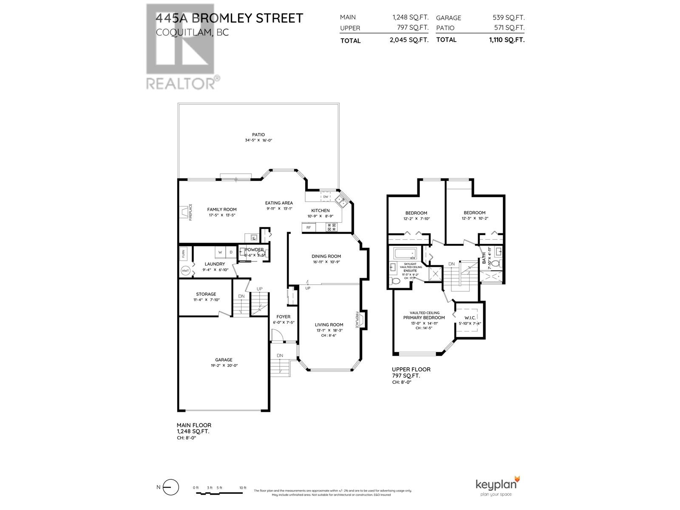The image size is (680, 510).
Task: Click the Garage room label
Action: [224, 360]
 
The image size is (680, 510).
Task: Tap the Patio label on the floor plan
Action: [258, 135]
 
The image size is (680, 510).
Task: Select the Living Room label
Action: [329, 325]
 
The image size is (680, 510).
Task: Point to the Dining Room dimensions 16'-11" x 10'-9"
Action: [326, 262]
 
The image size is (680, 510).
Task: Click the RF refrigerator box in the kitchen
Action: [309, 228]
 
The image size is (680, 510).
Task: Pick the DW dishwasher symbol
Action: [326, 197]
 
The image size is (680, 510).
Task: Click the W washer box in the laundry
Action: [220, 252]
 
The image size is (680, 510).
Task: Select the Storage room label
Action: [206, 294]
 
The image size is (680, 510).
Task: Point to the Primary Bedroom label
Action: [424, 317]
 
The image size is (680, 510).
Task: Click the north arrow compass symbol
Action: [169, 487]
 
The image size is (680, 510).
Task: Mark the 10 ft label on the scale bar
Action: [243, 487]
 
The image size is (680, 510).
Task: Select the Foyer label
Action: [283, 317]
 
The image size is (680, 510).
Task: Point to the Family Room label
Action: [222, 209]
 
